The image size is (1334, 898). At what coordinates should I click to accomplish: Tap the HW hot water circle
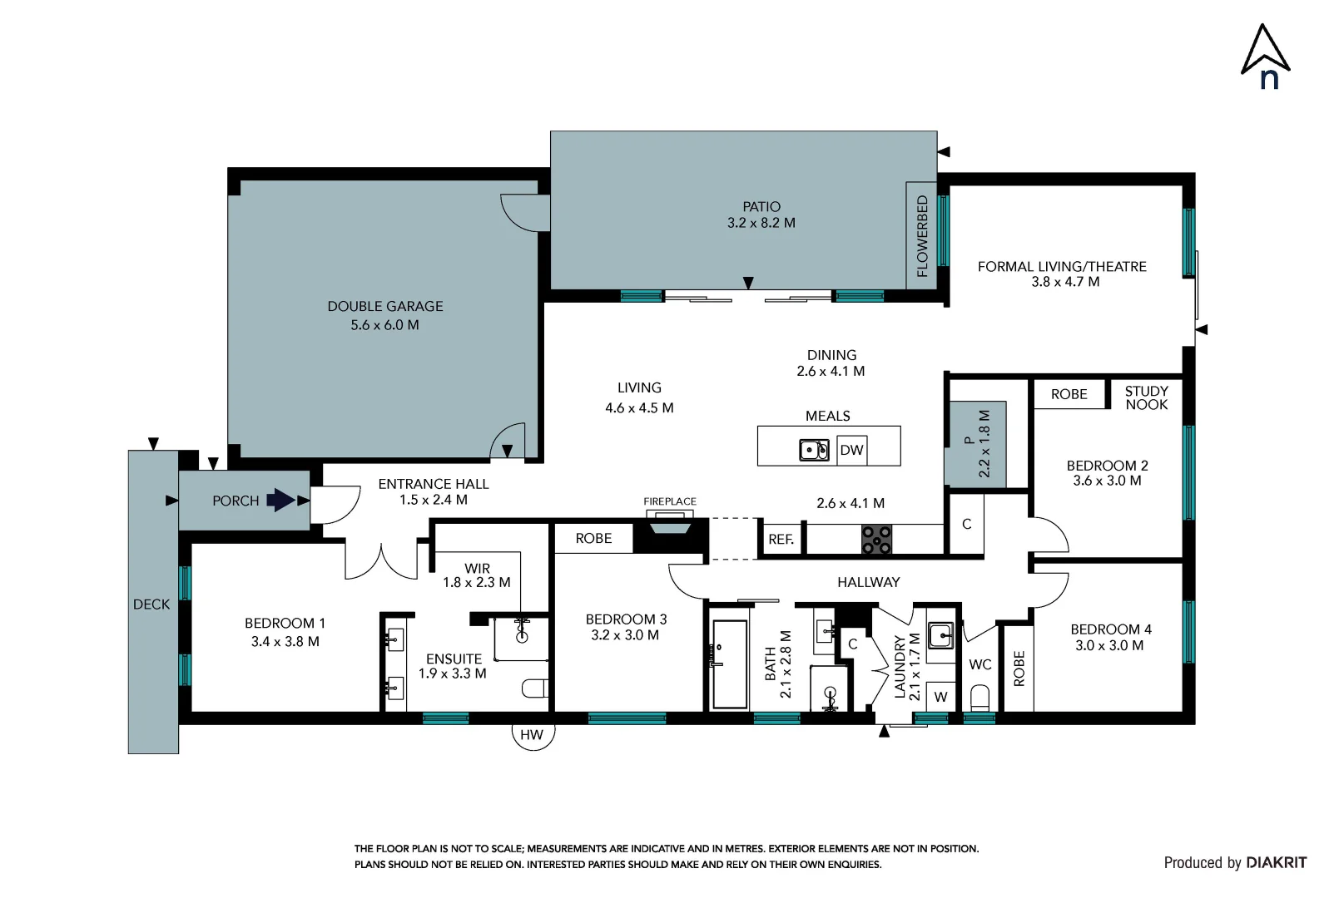[x=532, y=735]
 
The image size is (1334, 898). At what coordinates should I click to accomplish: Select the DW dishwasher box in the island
[x=851, y=450]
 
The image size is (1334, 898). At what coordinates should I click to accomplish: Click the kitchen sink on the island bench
[x=814, y=450]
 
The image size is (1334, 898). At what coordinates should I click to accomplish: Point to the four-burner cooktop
[x=876, y=539]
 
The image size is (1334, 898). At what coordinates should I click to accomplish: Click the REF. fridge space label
[x=781, y=540]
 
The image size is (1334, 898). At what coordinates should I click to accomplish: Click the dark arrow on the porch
[x=280, y=500]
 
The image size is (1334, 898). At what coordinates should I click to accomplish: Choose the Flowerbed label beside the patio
[x=921, y=236]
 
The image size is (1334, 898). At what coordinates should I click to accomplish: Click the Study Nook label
[x=1146, y=397]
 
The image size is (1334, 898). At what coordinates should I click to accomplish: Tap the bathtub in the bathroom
[x=730, y=664]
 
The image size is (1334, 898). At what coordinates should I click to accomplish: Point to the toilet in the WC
[x=980, y=697]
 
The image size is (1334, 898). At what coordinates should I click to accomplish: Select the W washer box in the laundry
[x=940, y=697]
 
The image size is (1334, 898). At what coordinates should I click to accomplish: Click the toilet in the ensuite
[x=535, y=688]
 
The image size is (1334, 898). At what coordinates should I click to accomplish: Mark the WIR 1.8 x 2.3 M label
[x=477, y=575]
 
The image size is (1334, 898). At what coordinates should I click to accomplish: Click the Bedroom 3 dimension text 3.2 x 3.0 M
[x=625, y=635]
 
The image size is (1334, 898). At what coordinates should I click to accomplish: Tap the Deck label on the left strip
[x=151, y=604]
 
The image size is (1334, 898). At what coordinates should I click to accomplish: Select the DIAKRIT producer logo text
[x=1276, y=862]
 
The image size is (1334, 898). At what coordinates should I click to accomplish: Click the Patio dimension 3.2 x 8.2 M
[x=761, y=223]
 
